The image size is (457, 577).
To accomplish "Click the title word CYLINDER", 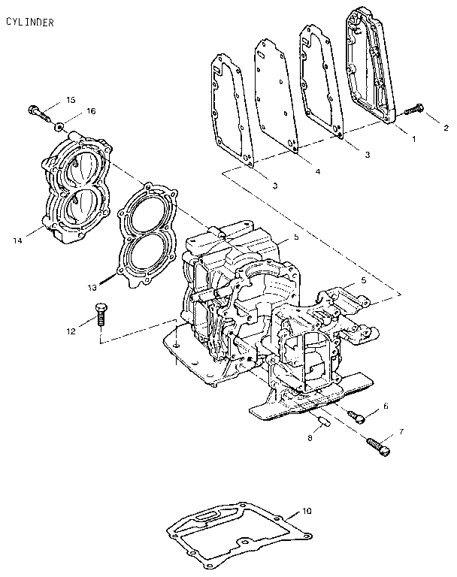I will [29, 23].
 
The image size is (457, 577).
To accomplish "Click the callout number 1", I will [412, 138].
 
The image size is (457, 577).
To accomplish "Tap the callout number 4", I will [317, 171].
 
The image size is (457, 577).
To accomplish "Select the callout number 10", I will [306, 512].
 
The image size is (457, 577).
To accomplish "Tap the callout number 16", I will [92, 110].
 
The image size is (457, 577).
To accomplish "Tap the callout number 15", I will [71, 99].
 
